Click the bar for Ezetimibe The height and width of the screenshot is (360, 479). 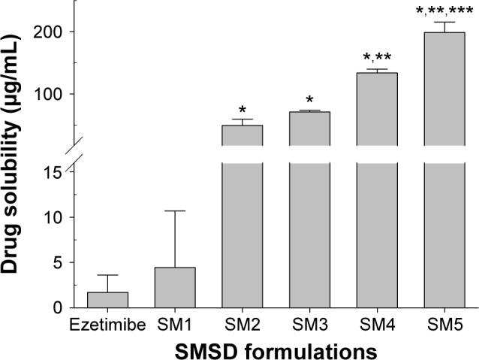107,299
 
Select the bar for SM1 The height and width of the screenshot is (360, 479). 174,287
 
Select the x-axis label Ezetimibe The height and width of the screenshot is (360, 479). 107,325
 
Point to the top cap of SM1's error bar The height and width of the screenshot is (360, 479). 174,211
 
